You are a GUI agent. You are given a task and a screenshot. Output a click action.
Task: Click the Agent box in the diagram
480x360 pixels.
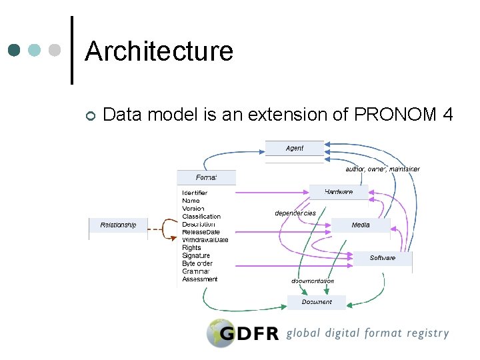(294, 148)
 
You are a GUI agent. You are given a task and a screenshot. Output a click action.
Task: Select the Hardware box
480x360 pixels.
(339, 192)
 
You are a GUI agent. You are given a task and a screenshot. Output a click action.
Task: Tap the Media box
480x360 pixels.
(361, 225)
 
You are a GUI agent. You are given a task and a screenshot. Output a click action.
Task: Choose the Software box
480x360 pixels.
(383, 258)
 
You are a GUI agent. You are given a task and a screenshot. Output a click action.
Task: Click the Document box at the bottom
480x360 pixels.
(317, 302)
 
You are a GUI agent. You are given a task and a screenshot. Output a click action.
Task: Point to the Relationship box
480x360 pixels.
(118, 225)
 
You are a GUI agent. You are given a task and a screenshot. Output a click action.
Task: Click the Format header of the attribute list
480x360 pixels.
(206, 177)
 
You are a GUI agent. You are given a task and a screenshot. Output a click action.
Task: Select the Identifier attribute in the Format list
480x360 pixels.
(195, 193)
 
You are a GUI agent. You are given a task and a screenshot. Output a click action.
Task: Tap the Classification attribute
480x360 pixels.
(201, 217)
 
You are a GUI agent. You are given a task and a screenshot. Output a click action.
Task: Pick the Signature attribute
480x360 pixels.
(196, 256)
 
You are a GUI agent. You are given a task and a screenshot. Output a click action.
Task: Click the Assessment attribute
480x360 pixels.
(200, 279)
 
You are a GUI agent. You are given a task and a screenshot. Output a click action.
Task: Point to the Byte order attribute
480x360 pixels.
(197, 264)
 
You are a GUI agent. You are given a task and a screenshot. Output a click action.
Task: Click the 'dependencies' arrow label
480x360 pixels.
(295, 213)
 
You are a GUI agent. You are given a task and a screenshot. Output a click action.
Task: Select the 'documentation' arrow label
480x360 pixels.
(313, 281)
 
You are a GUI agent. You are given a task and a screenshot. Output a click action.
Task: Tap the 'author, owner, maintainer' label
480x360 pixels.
(383, 169)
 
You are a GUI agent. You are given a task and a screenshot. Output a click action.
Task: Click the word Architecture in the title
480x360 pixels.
(159, 51)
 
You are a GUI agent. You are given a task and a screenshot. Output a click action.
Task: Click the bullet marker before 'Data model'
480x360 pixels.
(90, 117)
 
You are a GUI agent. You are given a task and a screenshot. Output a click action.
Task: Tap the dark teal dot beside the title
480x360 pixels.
(15, 50)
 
